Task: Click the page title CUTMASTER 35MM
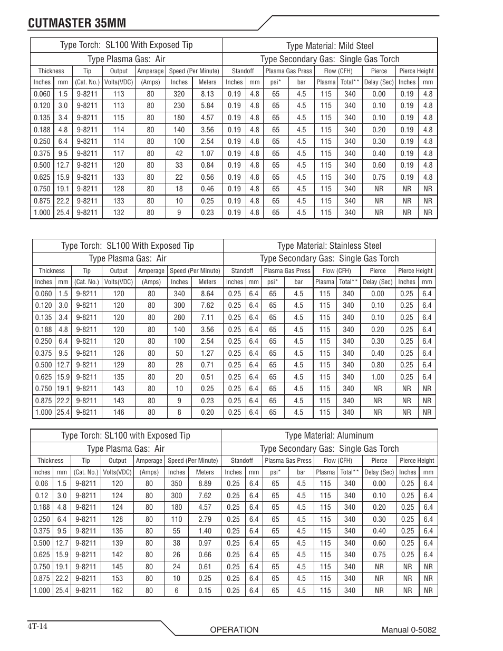(x=77, y=23)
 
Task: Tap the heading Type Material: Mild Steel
(x=330, y=45)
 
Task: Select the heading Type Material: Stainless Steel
(x=329, y=246)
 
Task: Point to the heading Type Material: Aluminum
(x=329, y=435)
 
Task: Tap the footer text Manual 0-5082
(x=409, y=630)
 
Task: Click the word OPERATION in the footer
(x=234, y=630)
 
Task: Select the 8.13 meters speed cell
(x=207, y=94)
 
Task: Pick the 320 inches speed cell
(x=179, y=94)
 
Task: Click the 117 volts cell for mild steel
(x=119, y=153)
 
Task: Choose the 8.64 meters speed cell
(x=208, y=294)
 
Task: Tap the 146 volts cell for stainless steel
(x=119, y=413)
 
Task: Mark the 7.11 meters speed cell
(x=208, y=317)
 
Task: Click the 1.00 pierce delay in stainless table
(x=378, y=377)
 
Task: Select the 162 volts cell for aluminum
(x=118, y=590)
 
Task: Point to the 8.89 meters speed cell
(x=205, y=483)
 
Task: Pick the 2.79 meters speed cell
(x=205, y=519)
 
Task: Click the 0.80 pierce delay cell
(x=378, y=365)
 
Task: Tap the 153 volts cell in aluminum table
(x=118, y=578)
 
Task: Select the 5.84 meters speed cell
(x=207, y=105)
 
